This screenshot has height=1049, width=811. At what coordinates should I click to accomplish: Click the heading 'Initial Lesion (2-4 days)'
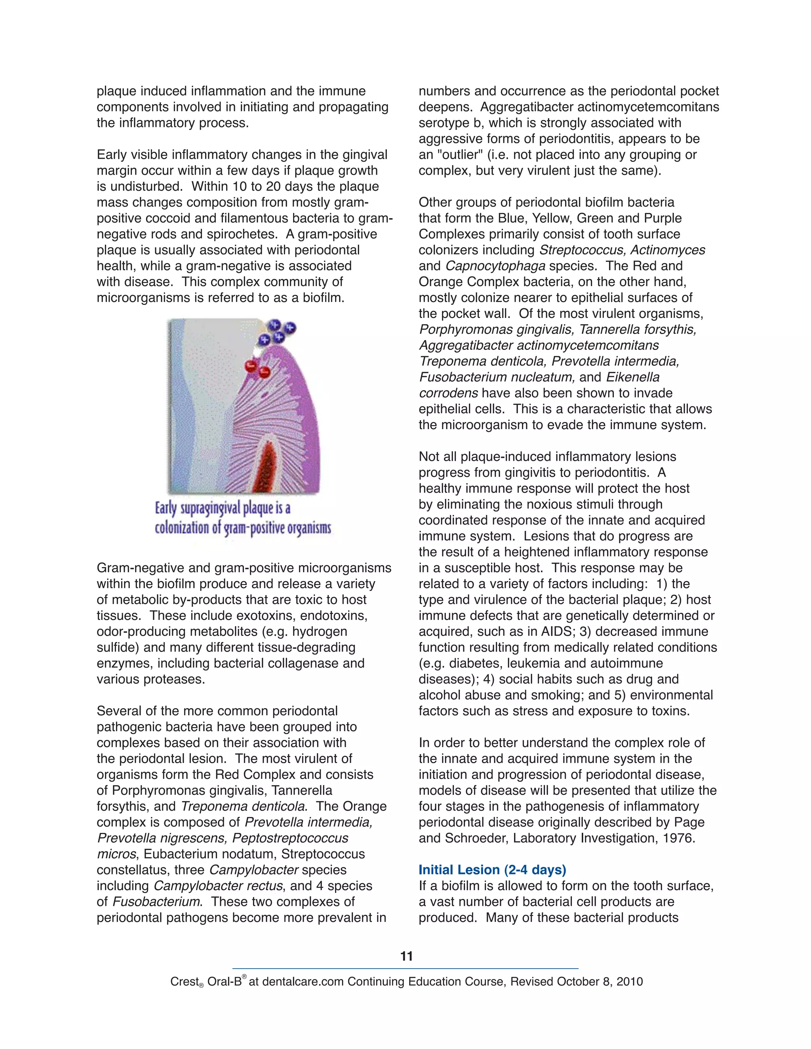coord(492,870)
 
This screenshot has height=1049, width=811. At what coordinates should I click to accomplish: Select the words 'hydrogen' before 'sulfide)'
coord(320,632)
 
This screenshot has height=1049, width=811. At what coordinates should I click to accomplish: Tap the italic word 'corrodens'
coord(448,393)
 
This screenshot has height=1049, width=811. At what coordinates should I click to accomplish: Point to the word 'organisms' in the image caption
coord(309,528)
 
